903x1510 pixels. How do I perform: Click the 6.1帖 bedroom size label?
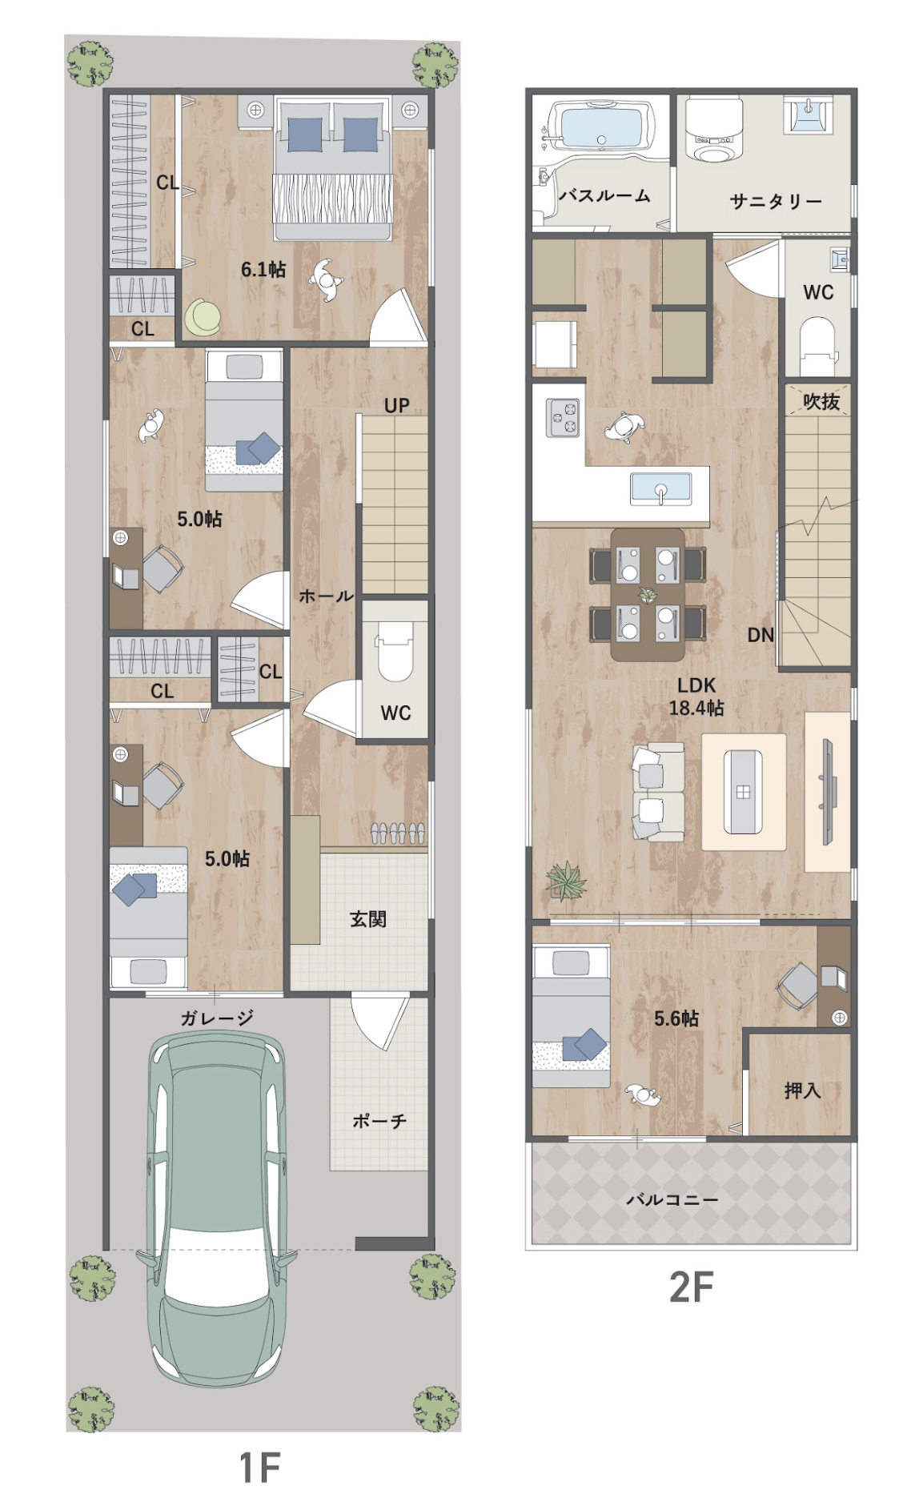263,270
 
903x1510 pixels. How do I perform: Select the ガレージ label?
217,1018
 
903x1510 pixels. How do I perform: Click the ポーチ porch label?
379,1122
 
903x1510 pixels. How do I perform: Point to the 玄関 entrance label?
368,919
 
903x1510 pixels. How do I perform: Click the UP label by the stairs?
396,406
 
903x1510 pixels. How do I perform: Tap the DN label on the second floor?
761,635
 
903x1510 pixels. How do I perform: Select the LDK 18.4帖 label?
696,697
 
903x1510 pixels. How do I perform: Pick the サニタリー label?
776,202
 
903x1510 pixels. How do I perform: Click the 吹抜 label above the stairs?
821,402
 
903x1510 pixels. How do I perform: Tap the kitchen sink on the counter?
661,489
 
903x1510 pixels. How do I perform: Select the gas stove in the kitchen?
563,417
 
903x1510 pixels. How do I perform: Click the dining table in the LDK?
648,594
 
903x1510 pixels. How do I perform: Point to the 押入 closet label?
802,1090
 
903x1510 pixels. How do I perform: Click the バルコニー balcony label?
672,1199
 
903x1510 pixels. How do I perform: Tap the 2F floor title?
691,1288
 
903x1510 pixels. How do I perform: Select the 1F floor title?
260,1467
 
